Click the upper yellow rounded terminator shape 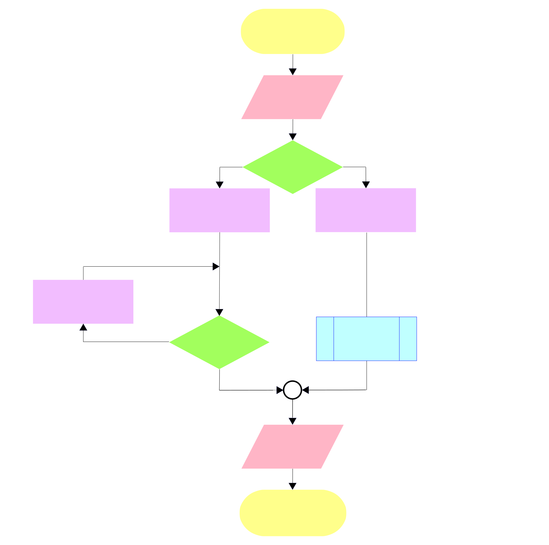point(292,31)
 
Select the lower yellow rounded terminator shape point(293,513)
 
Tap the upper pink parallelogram point(292,97)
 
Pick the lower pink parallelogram point(292,447)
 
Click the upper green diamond point(292,167)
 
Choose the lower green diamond point(219,342)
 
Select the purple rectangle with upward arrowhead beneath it point(83,302)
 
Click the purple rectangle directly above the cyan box point(366,210)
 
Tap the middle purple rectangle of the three point(219,210)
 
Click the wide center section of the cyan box point(366,339)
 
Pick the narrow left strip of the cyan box point(325,339)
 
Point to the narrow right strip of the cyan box point(408,339)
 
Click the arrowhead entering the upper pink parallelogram point(293,72)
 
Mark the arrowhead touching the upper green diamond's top point(293,136)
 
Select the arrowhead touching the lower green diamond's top point(219,312)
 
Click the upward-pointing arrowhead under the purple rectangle point(83,327)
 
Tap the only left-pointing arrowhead point(306,390)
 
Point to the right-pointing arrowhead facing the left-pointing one point(279,390)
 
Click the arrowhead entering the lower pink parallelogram point(292,421)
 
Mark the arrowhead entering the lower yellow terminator point(292,486)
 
